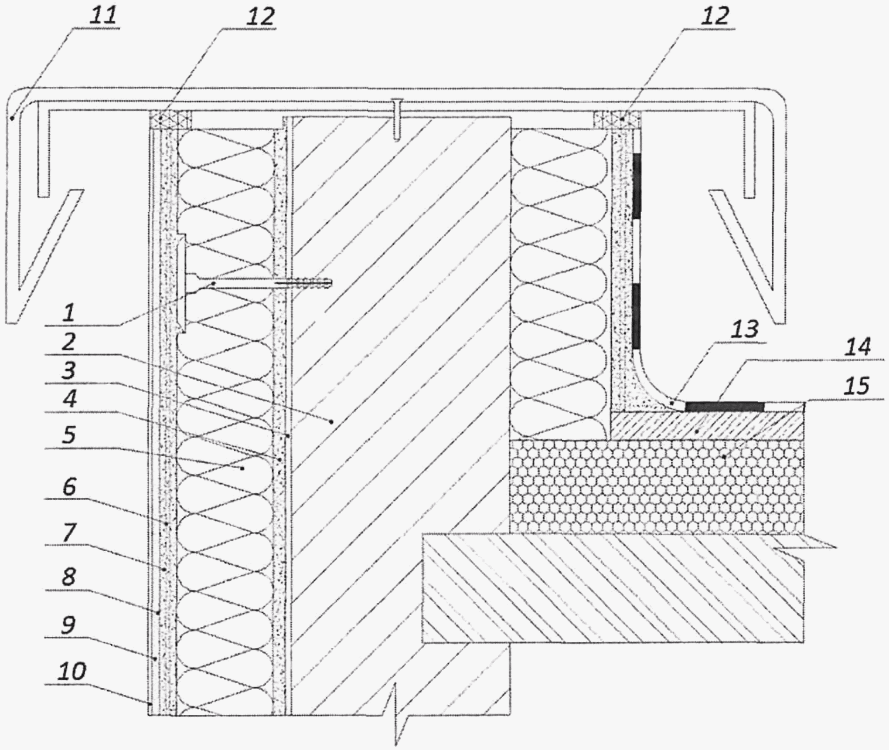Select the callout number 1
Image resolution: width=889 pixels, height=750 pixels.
pyautogui.click(x=69, y=313)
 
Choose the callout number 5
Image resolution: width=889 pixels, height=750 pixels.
pyautogui.click(x=69, y=435)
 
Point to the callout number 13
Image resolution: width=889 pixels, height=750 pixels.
pyautogui.click(x=745, y=330)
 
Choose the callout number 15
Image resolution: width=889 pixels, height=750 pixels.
pyautogui.click(x=855, y=386)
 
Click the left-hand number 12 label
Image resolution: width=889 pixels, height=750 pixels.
pyautogui.click(x=261, y=17)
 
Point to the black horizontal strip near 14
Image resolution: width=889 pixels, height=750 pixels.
pyautogui.click(x=724, y=406)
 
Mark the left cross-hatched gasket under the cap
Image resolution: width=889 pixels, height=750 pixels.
pyautogui.click(x=171, y=120)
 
